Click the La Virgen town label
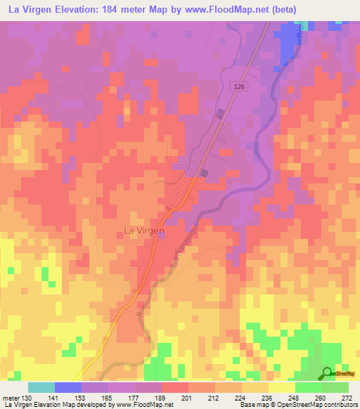click(x=143, y=230)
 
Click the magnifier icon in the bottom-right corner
click(x=328, y=374)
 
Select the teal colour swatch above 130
click(x=41, y=387)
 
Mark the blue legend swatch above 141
click(x=68, y=387)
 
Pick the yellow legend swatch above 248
click(x=281, y=387)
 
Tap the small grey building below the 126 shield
click(x=220, y=114)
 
